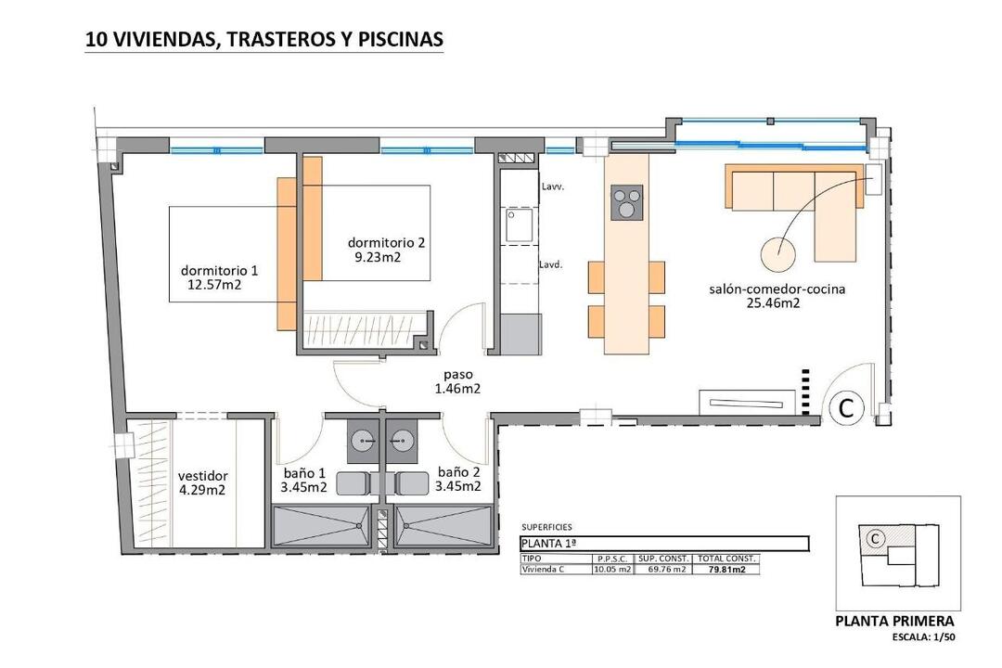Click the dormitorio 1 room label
[x=219, y=271]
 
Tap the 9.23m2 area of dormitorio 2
[x=378, y=258]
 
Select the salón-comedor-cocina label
[x=777, y=289]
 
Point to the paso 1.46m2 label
[x=458, y=381]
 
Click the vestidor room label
[x=202, y=476]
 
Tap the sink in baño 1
[x=365, y=441]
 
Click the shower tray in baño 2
[x=443, y=526]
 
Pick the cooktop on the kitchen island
[x=627, y=202]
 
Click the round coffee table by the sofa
[x=778, y=254]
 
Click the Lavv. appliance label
[x=552, y=186]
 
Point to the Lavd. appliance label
[x=551, y=264]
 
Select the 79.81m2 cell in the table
[x=727, y=570]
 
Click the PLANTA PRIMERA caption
[x=894, y=621]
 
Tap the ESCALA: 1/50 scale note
[x=924, y=636]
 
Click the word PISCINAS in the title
[x=401, y=39]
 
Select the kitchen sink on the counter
[x=520, y=226]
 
